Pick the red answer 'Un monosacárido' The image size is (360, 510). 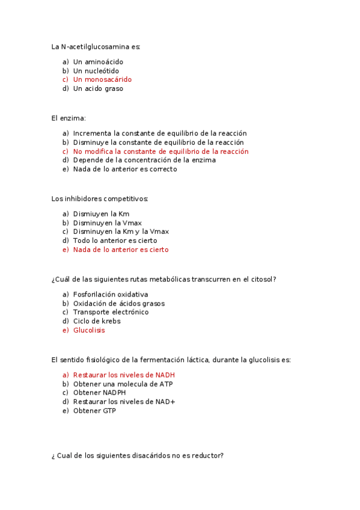102,79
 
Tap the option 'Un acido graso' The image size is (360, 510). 98,88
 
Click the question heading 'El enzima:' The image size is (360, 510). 69,118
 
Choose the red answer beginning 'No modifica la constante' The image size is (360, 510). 160,152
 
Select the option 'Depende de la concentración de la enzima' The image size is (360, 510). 144,160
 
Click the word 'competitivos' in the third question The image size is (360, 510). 126,198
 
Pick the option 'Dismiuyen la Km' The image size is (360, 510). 101,214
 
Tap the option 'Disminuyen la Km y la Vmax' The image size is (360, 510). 121,232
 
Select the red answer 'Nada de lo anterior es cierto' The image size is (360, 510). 121,250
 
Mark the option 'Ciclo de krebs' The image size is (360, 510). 97,321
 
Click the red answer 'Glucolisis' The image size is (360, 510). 89,330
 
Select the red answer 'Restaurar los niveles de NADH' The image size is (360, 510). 124,375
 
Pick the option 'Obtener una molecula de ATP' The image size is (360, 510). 122,384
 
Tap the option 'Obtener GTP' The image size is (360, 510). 94,411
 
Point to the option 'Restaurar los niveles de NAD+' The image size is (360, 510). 124,402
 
